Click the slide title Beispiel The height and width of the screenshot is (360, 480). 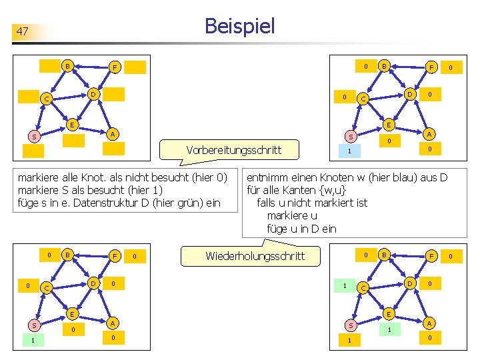click(x=239, y=26)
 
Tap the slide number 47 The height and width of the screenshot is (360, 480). click(x=23, y=31)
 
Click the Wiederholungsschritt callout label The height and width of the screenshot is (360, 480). click(x=255, y=255)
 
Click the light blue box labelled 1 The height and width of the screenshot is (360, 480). click(x=347, y=151)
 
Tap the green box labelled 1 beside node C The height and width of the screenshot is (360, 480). click(x=344, y=285)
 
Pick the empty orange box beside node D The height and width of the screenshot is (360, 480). click(x=114, y=94)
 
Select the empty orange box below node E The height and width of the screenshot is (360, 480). click(x=74, y=140)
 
